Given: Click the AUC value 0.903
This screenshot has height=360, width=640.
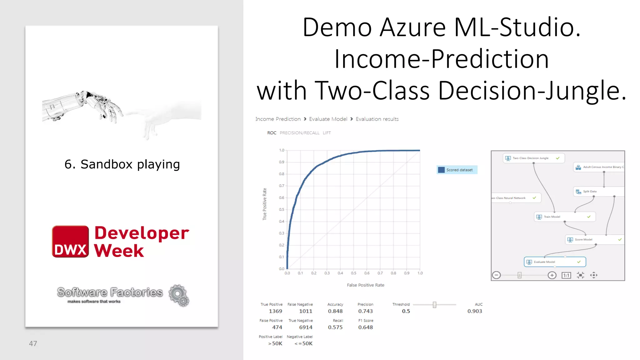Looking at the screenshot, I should (x=474, y=311).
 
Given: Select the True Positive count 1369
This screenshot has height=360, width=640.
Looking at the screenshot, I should (x=275, y=311).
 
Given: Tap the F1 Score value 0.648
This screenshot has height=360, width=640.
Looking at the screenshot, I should (x=365, y=327).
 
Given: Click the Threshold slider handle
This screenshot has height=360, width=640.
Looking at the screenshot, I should (x=434, y=305).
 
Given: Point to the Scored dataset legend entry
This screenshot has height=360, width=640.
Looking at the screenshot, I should (x=457, y=170).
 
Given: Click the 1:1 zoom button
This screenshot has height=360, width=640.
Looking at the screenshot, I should (x=566, y=275).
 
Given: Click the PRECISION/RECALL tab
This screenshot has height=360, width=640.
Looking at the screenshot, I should (x=299, y=133).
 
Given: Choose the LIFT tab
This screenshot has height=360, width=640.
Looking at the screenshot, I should (x=327, y=133).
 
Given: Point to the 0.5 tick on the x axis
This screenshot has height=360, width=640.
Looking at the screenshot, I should (x=353, y=273).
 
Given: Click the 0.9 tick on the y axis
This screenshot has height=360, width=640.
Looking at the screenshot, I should (x=282, y=162).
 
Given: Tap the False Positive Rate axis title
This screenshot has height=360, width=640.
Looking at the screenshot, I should (x=365, y=285).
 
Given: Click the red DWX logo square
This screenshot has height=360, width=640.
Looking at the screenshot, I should (x=70, y=242).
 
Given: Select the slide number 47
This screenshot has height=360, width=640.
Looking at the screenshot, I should (x=33, y=343).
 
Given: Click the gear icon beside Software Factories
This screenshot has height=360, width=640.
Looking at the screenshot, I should (x=179, y=295).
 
